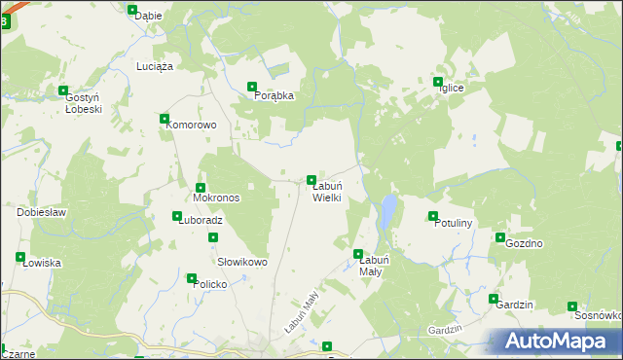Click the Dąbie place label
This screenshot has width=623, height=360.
click(x=148, y=16)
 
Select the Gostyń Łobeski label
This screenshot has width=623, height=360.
click(x=84, y=104)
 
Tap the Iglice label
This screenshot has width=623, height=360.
click(x=450, y=89)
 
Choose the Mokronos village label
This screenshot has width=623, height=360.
click(x=216, y=198)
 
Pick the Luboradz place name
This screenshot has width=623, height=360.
click(x=201, y=220)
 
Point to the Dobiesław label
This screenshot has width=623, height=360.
click(x=41, y=212)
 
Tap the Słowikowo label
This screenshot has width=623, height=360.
click(x=241, y=262)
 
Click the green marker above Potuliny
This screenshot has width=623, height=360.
click(x=433, y=216)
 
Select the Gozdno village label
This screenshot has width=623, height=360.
click(x=524, y=243)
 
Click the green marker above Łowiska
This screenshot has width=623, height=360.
click(x=20, y=257)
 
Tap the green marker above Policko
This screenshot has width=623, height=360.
click(x=192, y=278)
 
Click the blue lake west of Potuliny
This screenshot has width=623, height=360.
click(x=388, y=209)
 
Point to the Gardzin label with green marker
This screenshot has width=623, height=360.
click(x=514, y=305)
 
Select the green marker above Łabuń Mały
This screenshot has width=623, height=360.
click(x=358, y=254)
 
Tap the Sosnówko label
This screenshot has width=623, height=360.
click(x=598, y=315)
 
